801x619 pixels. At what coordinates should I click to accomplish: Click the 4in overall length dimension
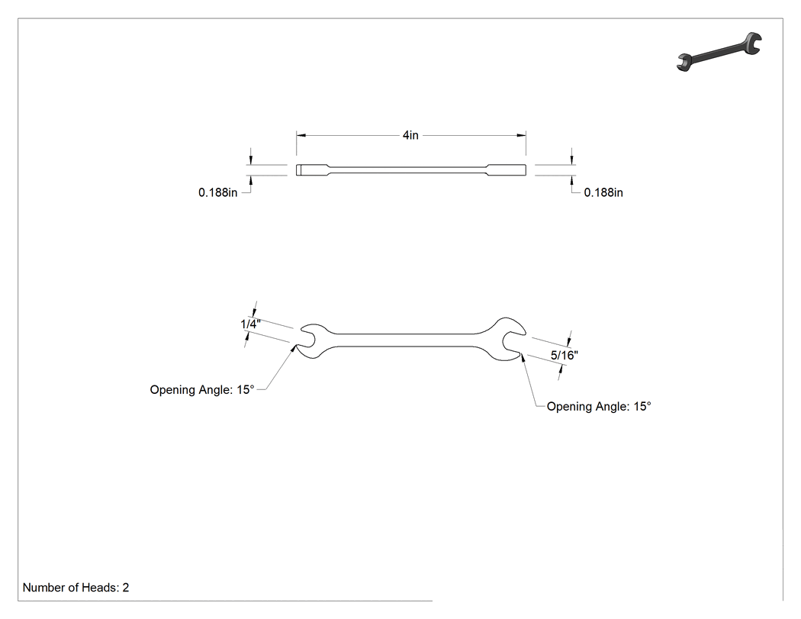tap(410, 135)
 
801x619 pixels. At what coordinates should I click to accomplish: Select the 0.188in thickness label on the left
tap(217, 192)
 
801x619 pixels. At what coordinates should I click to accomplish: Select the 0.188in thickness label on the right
tap(603, 192)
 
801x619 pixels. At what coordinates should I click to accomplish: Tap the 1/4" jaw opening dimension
tap(250, 324)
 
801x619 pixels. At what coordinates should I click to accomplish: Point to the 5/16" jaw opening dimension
tap(564, 355)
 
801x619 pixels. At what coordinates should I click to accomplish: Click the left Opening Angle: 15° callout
tap(202, 390)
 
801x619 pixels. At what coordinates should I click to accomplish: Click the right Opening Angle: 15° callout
tap(599, 407)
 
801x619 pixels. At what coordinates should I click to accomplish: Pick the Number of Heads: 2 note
tap(76, 588)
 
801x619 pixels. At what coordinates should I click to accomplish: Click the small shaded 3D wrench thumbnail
tap(719, 52)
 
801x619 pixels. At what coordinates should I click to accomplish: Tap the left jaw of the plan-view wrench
tap(313, 340)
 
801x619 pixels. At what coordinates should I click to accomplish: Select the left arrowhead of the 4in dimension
tap(301, 135)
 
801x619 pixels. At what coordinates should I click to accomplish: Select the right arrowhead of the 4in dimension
tap(521, 135)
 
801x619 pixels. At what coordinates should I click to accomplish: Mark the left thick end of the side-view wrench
tap(311, 170)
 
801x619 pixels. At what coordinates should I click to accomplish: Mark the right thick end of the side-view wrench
tap(507, 170)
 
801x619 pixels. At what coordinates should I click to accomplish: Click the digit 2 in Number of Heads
tap(126, 588)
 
